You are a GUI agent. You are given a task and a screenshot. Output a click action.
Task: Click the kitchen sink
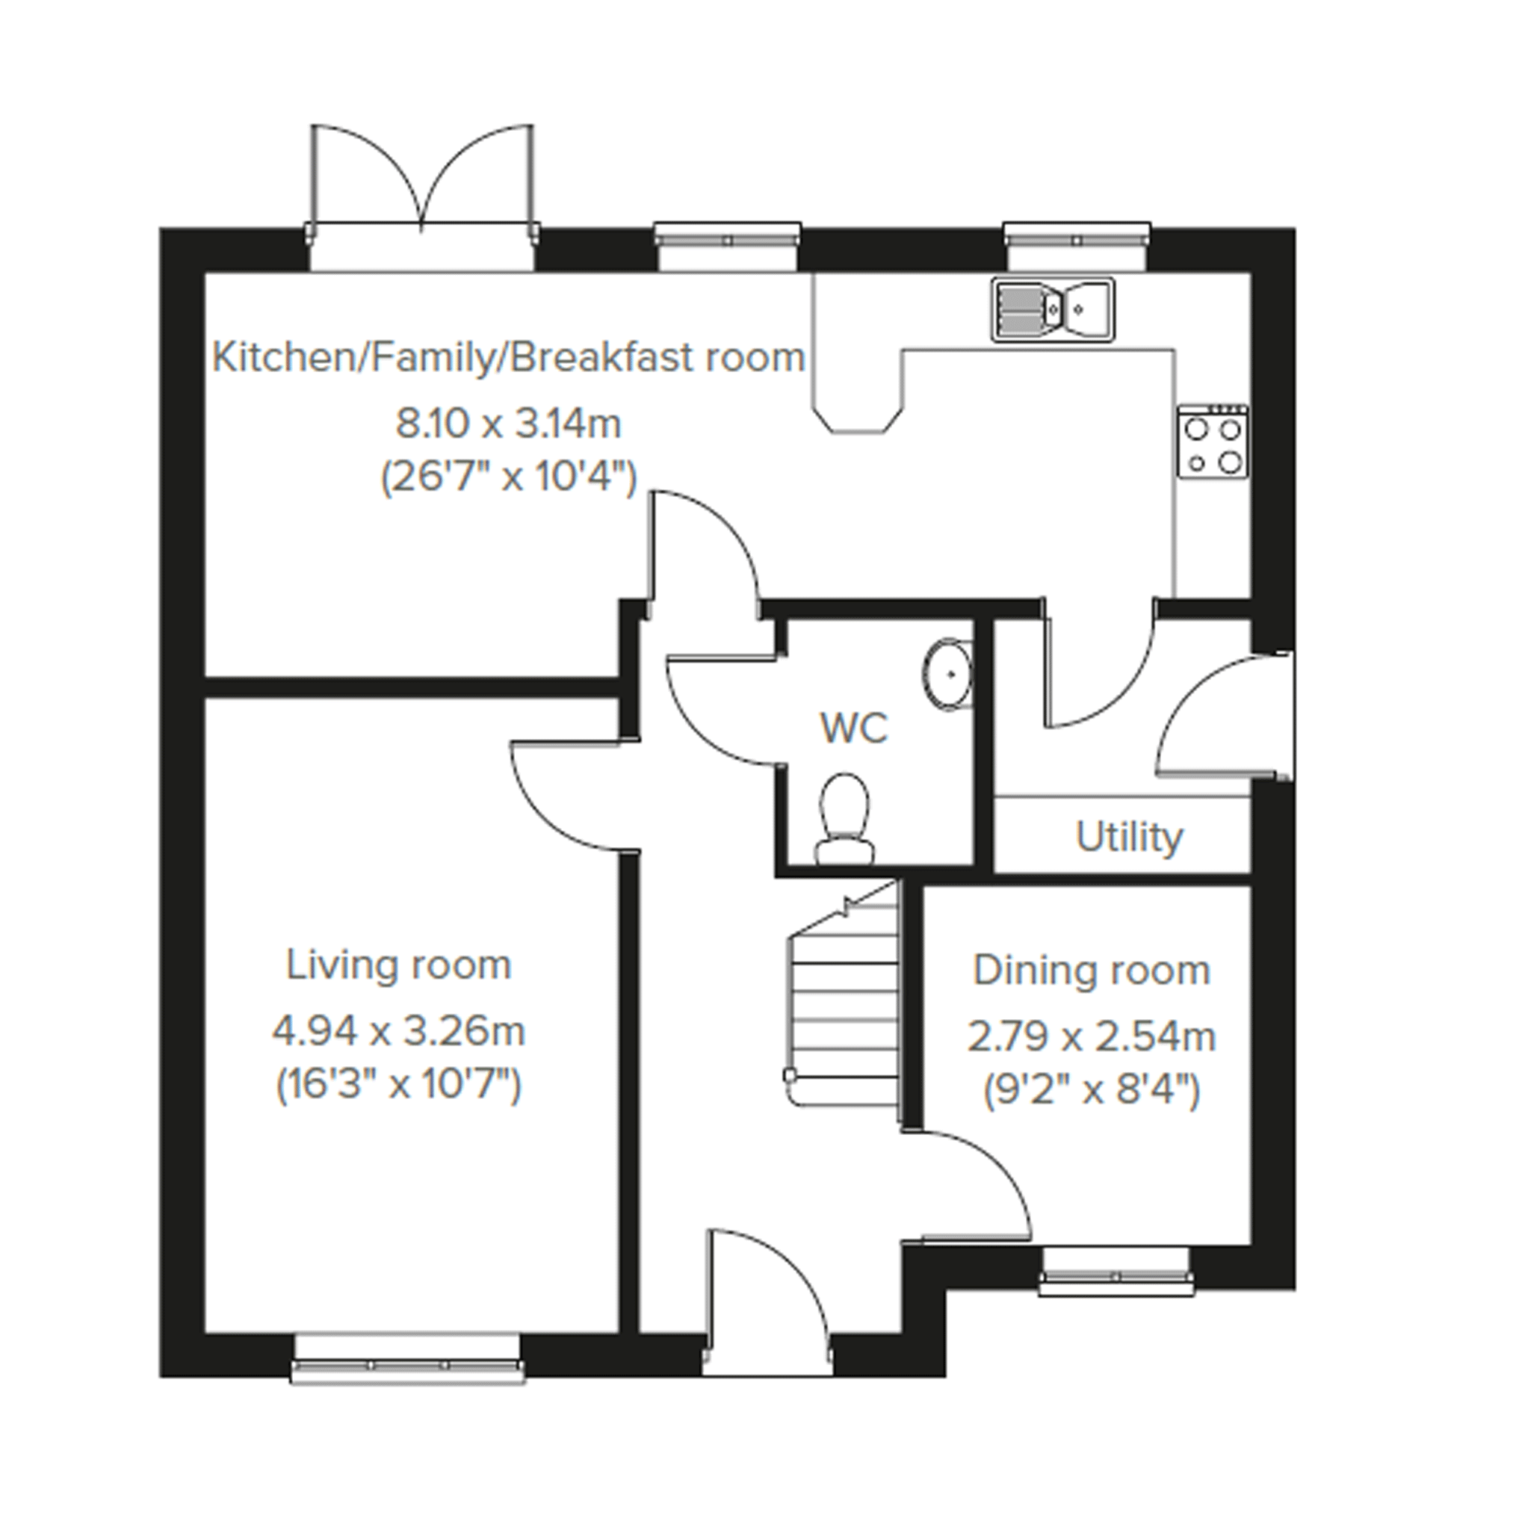click(1053, 309)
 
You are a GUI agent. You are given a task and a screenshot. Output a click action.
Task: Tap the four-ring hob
click(1213, 441)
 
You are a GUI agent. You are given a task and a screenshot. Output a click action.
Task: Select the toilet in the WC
click(844, 819)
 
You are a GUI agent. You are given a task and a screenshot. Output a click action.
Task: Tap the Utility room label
click(1129, 837)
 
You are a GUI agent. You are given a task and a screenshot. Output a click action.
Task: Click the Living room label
click(399, 965)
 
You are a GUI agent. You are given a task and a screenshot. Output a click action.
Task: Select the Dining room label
click(1092, 971)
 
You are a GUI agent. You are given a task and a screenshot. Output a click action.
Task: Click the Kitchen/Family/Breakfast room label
click(509, 358)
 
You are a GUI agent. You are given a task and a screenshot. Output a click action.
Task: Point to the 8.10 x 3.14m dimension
click(508, 424)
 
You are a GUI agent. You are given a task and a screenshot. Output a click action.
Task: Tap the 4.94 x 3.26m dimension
click(399, 1031)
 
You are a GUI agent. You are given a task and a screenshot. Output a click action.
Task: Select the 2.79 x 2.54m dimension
click(1092, 1038)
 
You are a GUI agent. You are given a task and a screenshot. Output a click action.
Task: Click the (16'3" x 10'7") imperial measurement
click(399, 1086)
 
